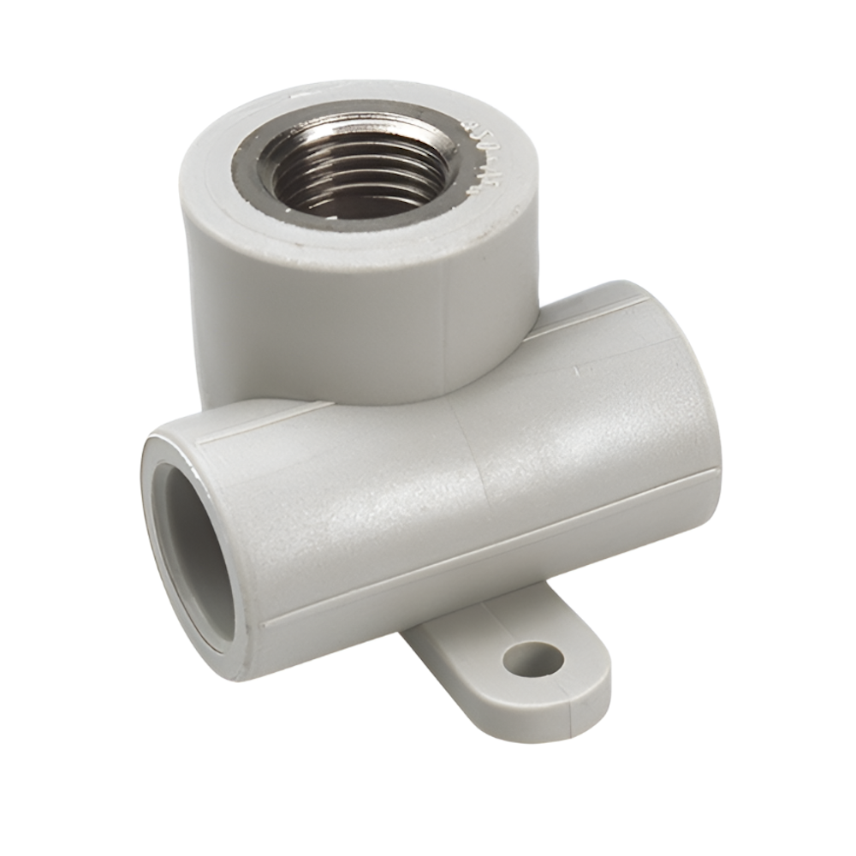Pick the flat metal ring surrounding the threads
(x=257, y=171)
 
